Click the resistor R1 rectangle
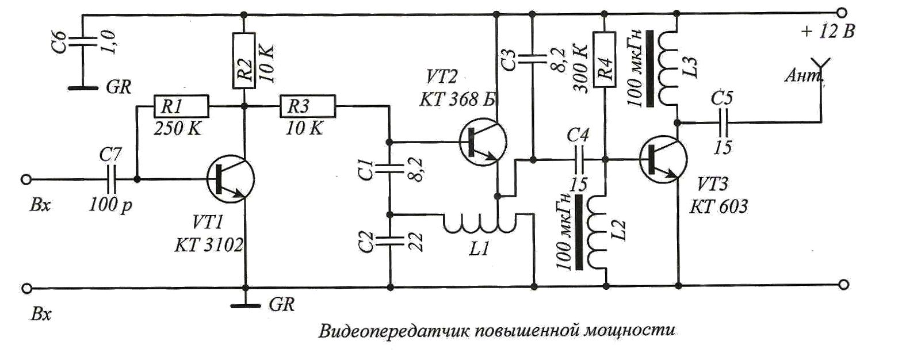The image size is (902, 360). [179, 106]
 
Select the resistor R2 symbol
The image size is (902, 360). [245, 60]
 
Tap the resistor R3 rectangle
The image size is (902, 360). [307, 106]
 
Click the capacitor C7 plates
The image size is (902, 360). [112, 179]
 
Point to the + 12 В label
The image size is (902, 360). [827, 32]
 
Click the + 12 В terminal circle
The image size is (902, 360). [843, 13]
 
